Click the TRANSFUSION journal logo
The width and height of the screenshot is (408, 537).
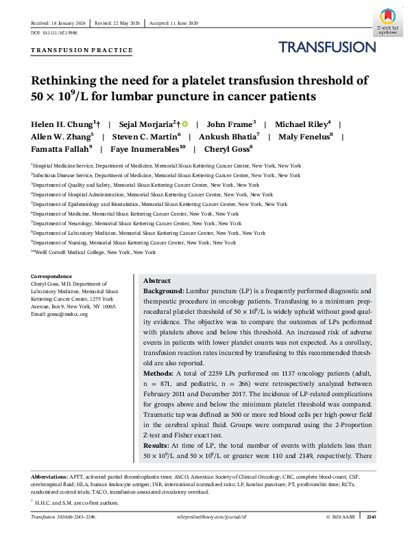point(327,47)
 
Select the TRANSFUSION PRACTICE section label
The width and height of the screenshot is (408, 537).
point(82,50)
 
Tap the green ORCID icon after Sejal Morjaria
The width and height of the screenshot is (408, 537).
point(184,124)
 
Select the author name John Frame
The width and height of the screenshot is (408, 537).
point(230,124)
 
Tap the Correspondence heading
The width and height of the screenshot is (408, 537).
point(51,276)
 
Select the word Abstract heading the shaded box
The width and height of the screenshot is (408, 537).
point(157,282)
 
